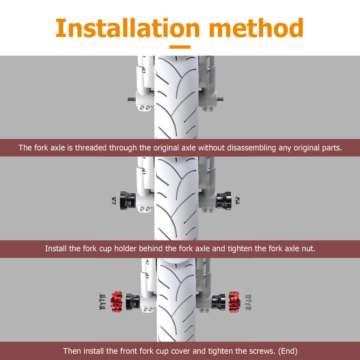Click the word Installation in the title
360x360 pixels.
[128, 28]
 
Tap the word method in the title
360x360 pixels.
[256, 28]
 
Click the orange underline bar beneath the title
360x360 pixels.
[180, 47]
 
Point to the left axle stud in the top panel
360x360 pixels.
[132, 99]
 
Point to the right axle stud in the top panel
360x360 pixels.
[220, 99]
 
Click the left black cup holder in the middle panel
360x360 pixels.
[128, 200]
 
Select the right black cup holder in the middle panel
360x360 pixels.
[224, 200]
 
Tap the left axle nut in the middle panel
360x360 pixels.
[114, 200]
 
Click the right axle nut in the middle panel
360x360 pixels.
[238, 200]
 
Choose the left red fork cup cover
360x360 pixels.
[116, 302]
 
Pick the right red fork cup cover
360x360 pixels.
[234, 302]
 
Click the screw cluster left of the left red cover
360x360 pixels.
[102, 302]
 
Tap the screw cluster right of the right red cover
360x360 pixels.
[248, 302]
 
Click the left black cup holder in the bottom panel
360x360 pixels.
[133, 301]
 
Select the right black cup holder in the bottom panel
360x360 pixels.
[218, 301]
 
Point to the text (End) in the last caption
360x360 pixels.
[288, 351]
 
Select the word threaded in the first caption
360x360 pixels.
[91, 148]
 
